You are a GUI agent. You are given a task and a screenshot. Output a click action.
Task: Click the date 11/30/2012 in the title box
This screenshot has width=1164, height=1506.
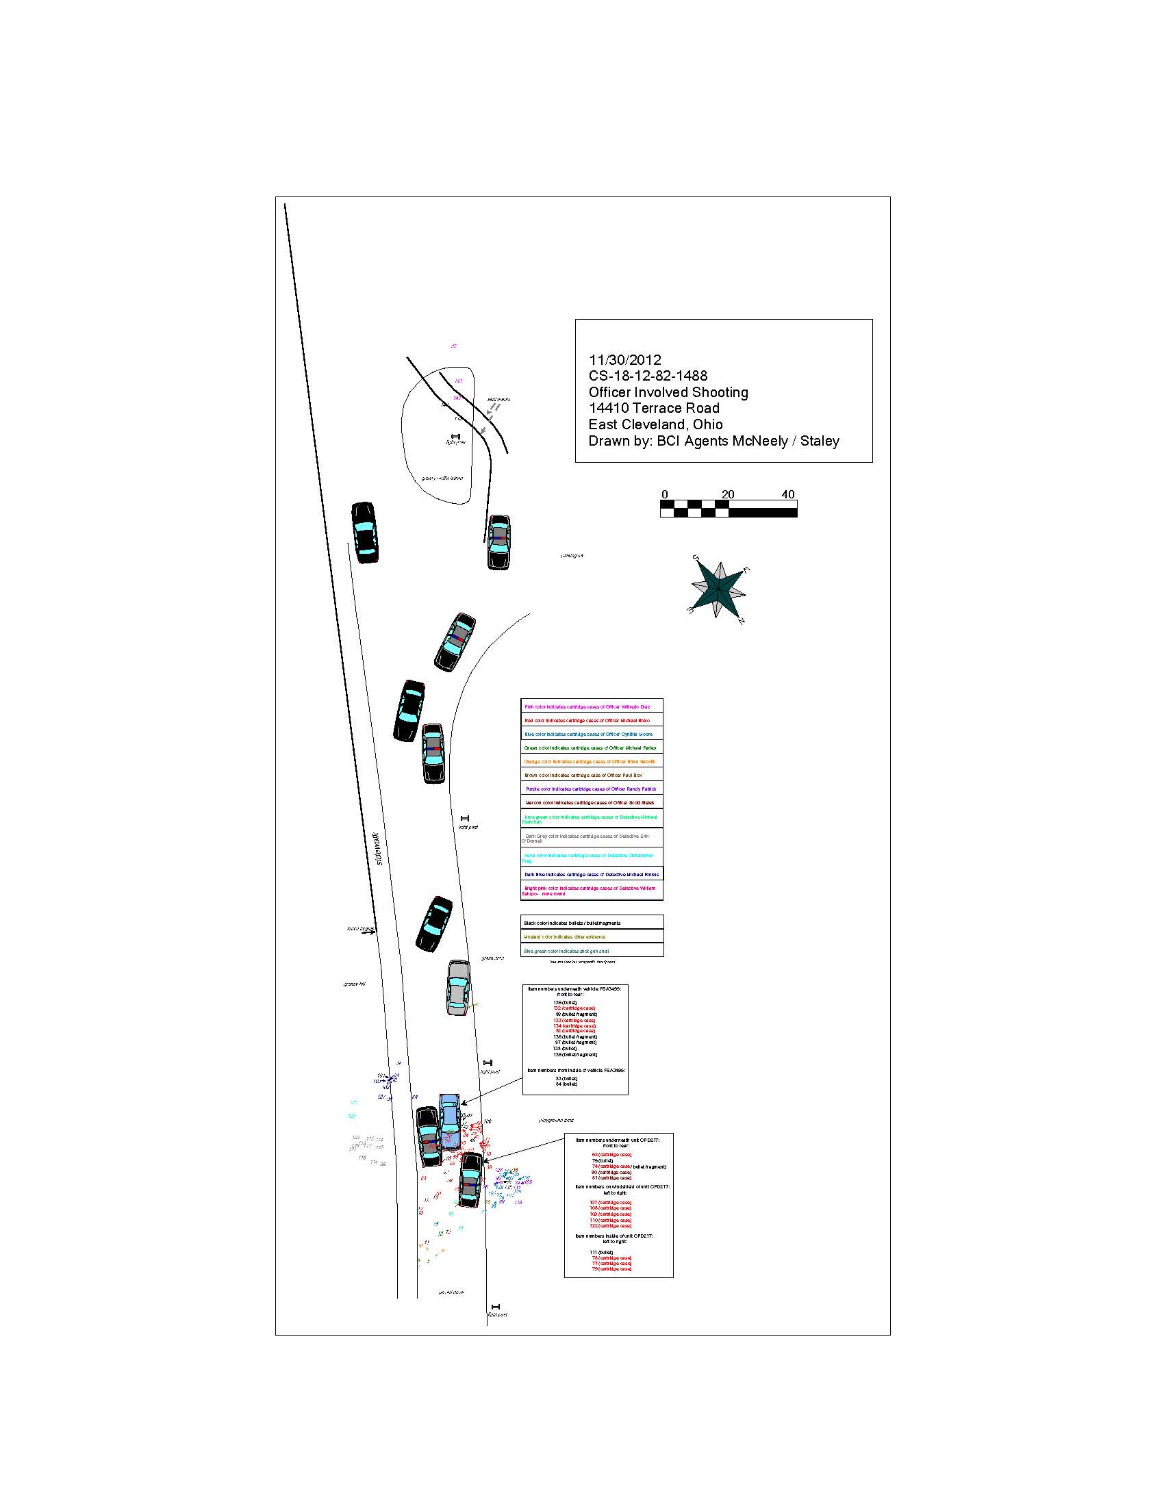click(x=624, y=360)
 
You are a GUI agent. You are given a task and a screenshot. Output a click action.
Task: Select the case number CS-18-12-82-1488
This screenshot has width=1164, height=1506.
click(x=648, y=376)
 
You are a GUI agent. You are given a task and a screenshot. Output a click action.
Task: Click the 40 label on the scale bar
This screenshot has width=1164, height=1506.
click(x=787, y=494)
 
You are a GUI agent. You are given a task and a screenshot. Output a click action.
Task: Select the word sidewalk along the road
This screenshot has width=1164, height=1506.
click(x=378, y=849)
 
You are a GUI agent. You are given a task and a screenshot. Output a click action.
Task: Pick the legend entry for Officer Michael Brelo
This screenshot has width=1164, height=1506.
click(x=587, y=721)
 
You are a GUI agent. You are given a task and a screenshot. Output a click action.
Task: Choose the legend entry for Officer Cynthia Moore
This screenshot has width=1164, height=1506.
click(x=588, y=735)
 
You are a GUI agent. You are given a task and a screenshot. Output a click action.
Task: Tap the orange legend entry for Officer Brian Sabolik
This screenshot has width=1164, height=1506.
click(x=590, y=762)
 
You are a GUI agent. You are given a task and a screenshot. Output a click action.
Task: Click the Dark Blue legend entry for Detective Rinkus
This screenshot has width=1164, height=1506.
click(x=591, y=874)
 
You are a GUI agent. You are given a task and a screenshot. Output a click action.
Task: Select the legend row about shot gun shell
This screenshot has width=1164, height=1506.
click(x=567, y=951)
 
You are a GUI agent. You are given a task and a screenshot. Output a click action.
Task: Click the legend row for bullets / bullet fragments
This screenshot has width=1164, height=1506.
click(x=572, y=923)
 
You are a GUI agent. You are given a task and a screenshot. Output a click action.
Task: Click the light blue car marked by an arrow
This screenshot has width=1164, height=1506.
click(x=450, y=1120)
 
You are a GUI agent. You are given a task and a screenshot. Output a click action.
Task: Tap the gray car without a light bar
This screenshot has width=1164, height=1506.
click(x=458, y=987)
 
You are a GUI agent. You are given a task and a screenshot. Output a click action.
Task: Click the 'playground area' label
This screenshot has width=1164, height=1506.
click(x=556, y=1121)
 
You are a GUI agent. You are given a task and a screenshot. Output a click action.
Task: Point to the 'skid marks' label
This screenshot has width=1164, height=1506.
click(x=498, y=399)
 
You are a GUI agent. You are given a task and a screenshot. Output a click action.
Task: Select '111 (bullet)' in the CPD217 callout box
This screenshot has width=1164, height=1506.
click(x=601, y=1252)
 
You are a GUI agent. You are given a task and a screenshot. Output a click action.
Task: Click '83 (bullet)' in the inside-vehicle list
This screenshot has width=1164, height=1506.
click(x=566, y=1078)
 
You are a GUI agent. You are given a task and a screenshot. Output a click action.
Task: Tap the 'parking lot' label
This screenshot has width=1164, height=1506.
click(x=572, y=555)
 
